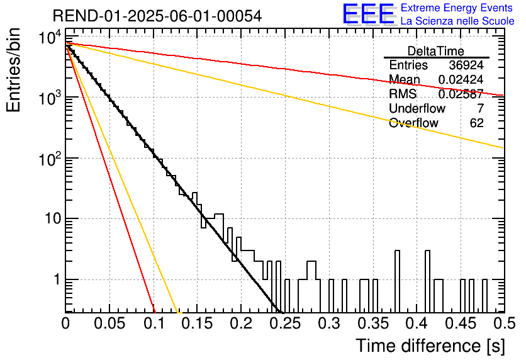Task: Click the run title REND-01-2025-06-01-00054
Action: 157,16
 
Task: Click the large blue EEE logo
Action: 369,14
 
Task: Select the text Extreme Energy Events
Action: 457,8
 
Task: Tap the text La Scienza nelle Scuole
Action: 457,21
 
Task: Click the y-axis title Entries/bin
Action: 14,70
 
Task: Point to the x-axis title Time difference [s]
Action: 430,346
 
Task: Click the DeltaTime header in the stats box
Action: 436,51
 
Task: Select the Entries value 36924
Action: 466,65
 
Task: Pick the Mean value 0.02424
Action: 461,79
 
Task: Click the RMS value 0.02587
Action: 461,94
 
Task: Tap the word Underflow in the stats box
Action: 417,108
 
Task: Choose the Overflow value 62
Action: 477,123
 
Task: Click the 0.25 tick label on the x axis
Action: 286,324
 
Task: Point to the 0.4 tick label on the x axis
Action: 417,324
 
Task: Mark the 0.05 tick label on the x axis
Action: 109,324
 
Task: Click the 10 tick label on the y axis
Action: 53,219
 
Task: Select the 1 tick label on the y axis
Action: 57,279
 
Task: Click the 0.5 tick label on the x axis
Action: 505,324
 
